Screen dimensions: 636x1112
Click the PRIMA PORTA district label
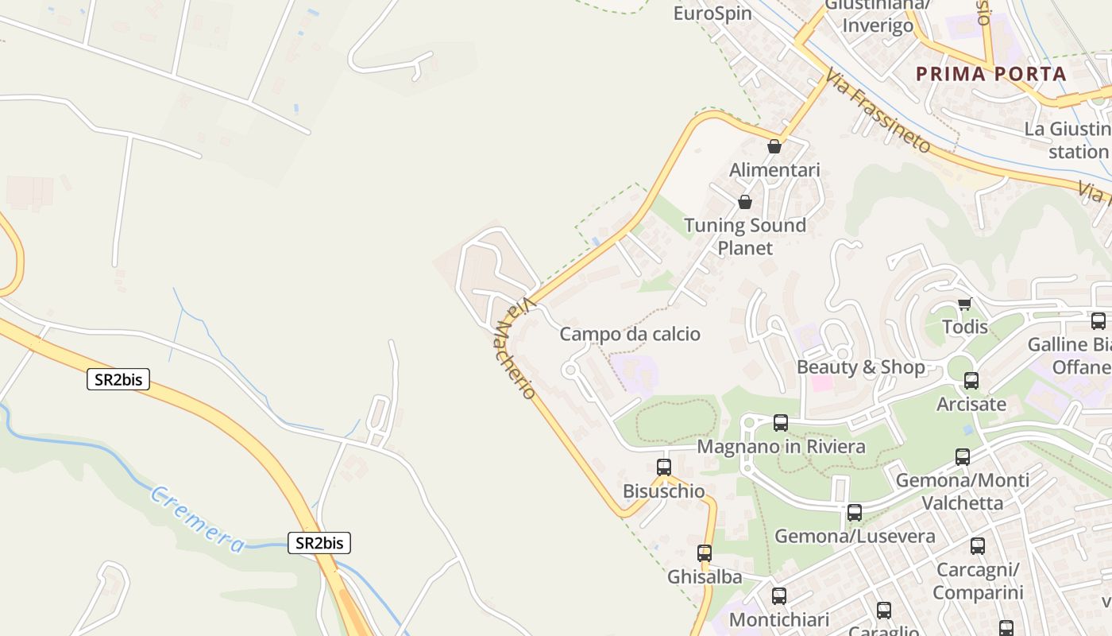[x=990, y=74]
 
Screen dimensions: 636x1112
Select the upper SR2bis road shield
[x=118, y=379]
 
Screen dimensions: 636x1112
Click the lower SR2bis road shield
[x=319, y=543]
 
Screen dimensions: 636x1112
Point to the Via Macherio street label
[x=515, y=349]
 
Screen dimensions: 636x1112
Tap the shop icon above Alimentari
[x=774, y=146]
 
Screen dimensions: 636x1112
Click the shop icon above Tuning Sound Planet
[x=745, y=202]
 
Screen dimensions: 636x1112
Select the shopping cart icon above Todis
[x=965, y=304]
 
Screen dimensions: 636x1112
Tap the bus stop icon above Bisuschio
[x=664, y=467]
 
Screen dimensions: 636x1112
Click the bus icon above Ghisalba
[x=704, y=553]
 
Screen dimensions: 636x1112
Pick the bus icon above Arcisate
[x=971, y=381]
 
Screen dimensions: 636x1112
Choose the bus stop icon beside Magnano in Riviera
[x=781, y=423]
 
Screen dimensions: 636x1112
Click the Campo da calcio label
[x=630, y=334]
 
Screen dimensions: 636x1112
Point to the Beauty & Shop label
[x=860, y=367]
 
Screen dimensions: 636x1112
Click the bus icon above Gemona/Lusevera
[x=855, y=513]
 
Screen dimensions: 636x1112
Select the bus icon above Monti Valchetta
[x=963, y=457]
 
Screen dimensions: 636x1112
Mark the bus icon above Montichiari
[x=779, y=596]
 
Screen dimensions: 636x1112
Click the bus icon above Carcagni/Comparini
[x=978, y=546]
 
